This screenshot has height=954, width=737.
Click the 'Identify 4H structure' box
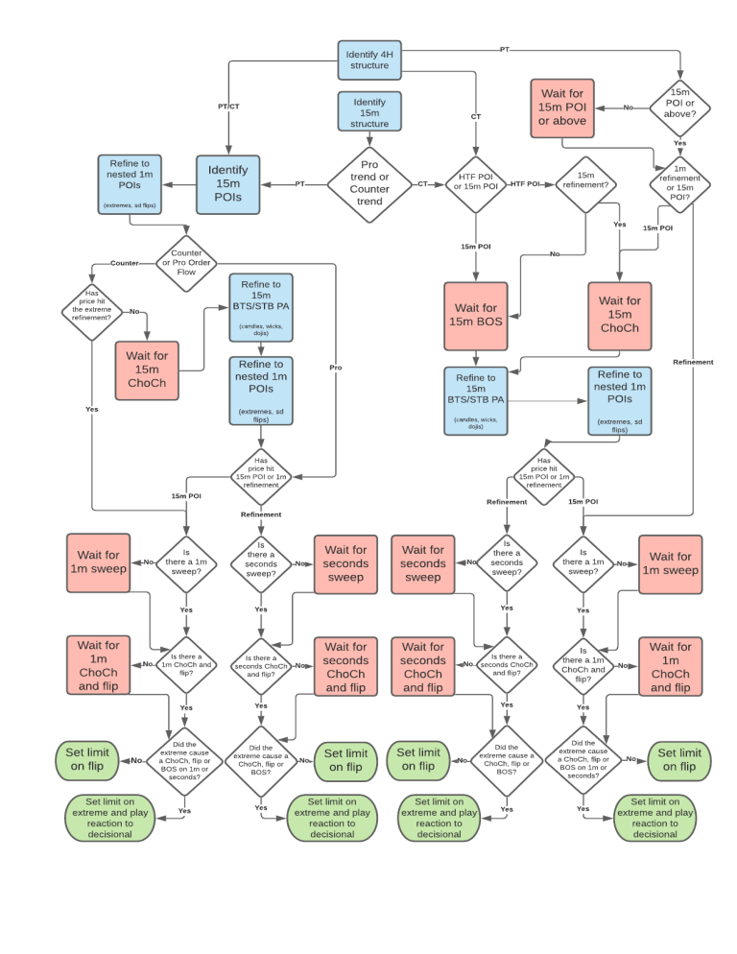368,60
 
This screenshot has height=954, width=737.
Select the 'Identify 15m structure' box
369,112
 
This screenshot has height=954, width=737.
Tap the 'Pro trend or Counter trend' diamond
369,183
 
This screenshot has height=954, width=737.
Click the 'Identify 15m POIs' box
227,183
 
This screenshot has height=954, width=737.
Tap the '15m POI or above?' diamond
679,107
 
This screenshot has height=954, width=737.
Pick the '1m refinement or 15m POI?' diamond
679,183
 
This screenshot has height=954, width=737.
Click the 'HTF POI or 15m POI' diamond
475,183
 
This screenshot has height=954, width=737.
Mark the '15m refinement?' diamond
585,183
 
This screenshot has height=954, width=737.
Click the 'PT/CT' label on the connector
228,106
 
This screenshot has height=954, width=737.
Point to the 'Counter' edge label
125,262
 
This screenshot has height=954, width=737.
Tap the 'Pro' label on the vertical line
335,367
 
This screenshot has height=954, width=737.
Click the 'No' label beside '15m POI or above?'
629,107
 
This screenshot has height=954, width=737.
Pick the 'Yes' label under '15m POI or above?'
679,143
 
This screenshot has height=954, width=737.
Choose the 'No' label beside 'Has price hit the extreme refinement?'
133,312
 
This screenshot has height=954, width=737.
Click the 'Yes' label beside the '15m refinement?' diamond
619,225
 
